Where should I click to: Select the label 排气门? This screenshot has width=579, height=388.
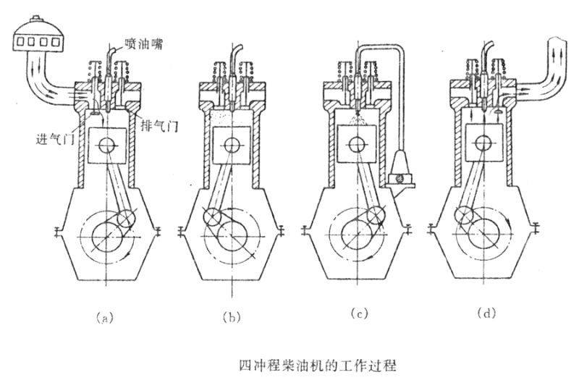(x=159, y=126)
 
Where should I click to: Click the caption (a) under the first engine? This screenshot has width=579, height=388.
(x=103, y=318)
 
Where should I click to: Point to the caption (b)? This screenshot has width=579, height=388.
(x=232, y=317)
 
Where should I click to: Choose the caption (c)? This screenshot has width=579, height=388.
(x=359, y=313)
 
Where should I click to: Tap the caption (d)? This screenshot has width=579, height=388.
(x=486, y=313)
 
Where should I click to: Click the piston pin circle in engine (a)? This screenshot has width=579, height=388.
(x=107, y=145)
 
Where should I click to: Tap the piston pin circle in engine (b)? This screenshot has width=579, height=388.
(x=232, y=145)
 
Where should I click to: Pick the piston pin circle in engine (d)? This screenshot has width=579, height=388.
(x=484, y=143)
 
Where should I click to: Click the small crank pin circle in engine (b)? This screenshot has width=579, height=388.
(x=211, y=217)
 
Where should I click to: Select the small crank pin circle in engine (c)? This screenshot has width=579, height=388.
(x=376, y=216)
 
